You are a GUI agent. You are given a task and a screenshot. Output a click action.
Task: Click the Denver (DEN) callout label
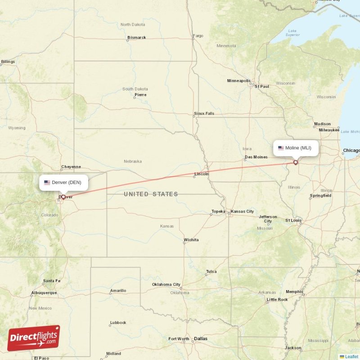63,182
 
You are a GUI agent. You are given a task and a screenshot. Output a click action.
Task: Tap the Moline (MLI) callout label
296,148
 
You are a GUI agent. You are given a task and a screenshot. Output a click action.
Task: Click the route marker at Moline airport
296,162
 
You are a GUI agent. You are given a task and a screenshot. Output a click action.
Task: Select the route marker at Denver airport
63,197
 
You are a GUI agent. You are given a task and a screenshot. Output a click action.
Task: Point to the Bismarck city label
137,37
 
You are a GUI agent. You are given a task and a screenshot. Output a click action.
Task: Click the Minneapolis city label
238,81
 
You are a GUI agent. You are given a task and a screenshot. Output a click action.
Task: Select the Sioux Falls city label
204,113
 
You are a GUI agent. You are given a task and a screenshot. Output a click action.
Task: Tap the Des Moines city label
256,157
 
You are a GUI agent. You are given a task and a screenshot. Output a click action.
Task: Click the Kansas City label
242,211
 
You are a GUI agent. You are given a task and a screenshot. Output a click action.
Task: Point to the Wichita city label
191,240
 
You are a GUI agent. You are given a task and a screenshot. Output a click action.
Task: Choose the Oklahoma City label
166,284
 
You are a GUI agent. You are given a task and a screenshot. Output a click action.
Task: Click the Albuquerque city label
44,292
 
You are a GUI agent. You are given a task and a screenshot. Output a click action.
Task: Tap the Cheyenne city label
71,166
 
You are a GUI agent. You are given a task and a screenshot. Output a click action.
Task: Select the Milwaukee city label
328,130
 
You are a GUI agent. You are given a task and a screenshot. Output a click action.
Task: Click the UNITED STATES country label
151,194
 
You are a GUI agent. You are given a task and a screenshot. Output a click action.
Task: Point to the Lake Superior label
292,33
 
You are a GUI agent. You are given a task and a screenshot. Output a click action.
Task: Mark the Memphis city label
294,292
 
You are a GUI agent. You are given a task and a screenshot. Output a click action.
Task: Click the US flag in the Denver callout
47,182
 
